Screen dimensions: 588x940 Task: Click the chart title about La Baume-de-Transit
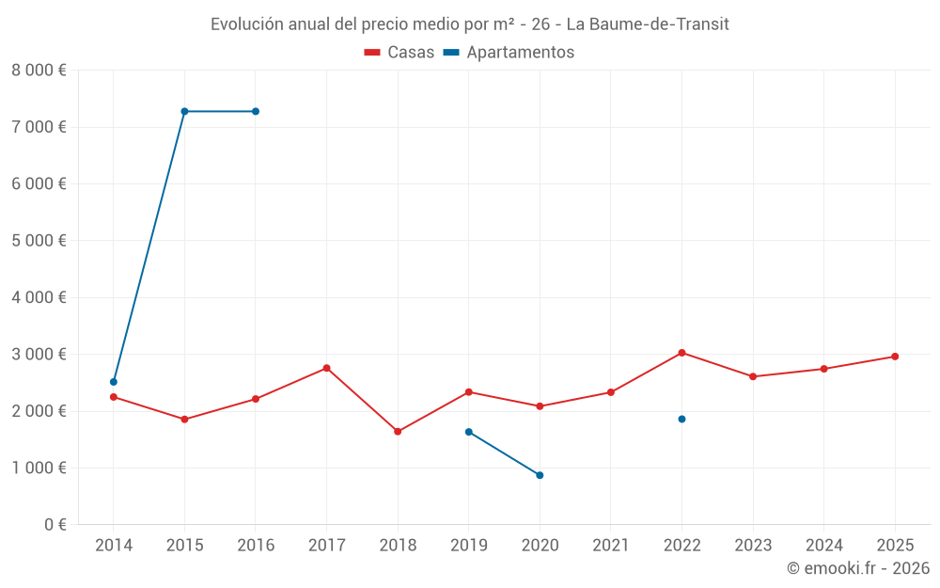469,24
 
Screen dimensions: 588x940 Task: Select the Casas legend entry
399,53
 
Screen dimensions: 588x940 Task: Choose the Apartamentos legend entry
509,53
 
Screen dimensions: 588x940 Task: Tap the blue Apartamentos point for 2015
184,111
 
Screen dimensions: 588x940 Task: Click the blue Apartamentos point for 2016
256,111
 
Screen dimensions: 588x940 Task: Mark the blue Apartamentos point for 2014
114,382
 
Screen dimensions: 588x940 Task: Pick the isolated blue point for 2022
681,419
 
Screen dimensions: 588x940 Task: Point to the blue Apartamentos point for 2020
540,475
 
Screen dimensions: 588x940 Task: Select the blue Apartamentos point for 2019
469,432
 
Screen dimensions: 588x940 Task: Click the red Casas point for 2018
398,432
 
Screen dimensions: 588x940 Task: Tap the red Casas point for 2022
681,353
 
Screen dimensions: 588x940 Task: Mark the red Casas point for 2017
326,368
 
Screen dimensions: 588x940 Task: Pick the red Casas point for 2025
895,357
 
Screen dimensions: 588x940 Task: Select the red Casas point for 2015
184,419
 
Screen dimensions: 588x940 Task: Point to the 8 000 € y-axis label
39,71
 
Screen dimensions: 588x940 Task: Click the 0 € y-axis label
53,525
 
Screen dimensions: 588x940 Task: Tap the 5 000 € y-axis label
39,241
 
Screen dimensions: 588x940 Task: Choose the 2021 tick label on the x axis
611,546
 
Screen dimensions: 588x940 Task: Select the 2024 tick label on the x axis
823,546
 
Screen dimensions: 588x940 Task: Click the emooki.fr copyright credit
858,568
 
